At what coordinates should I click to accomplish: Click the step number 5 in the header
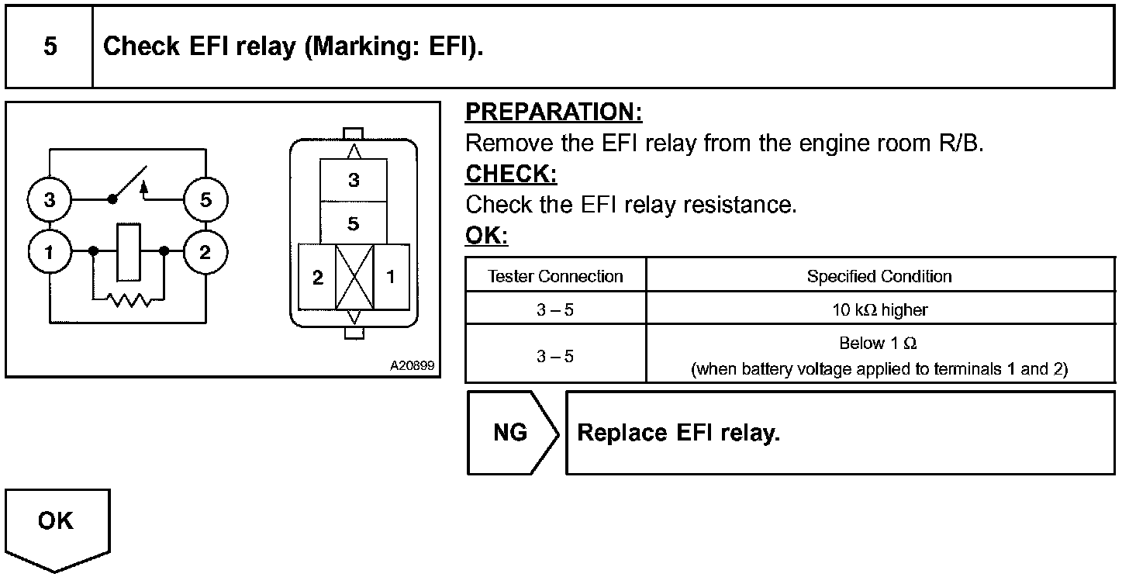pos(50,47)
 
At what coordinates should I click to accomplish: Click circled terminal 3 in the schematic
pos(50,200)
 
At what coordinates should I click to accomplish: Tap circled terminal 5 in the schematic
pos(205,200)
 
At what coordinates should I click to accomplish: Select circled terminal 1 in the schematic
pos(50,252)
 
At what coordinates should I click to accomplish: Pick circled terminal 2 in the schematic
pos(205,252)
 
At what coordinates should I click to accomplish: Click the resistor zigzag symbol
pos(129,299)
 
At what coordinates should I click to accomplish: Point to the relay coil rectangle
pos(129,252)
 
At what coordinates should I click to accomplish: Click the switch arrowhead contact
pos(143,186)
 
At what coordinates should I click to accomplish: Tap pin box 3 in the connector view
pos(354,181)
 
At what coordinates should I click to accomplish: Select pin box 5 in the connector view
pos(354,224)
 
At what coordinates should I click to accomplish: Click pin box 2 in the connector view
pos(317,278)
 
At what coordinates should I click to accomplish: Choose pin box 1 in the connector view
pos(391,278)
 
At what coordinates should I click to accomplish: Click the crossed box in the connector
pos(354,278)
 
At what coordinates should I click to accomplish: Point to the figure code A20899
pos(412,365)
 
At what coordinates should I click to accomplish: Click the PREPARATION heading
pos(554,112)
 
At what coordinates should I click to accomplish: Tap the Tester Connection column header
pos(555,276)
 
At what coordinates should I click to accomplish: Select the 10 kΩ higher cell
pos(879,310)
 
